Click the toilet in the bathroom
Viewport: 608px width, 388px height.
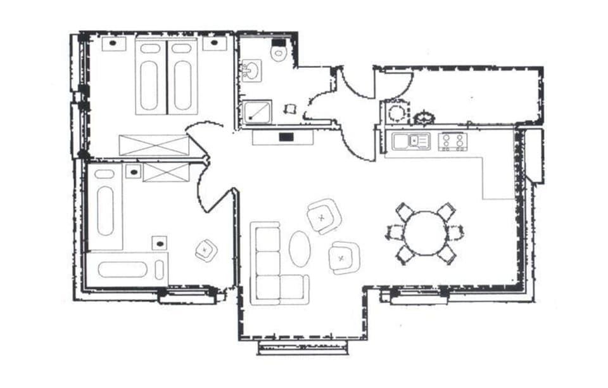(279, 51)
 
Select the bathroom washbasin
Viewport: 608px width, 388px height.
(251, 70)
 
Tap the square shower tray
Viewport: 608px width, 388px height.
(256, 113)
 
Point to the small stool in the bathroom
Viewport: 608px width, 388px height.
(290, 108)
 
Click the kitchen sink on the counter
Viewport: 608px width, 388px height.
(411, 141)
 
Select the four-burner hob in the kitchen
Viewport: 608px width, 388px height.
(453, 141)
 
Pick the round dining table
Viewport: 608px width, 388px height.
(426, 233)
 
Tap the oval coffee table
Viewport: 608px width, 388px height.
(300, 249)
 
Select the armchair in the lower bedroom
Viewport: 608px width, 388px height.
(206, 250)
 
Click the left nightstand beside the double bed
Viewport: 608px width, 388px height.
(113, 44)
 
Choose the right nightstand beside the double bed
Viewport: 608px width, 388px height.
(215, 44)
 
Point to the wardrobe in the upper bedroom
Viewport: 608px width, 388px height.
(154, 145)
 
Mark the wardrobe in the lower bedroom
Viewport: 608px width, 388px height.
(167, 172)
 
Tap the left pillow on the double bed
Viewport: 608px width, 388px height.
(150, 48)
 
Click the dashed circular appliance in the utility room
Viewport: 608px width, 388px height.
(396, 113)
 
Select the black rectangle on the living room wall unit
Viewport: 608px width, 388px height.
(286, 136)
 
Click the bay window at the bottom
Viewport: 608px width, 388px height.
(303, 347)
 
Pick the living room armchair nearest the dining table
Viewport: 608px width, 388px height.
(344, 257)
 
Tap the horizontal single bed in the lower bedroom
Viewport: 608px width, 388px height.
(127, 269)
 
